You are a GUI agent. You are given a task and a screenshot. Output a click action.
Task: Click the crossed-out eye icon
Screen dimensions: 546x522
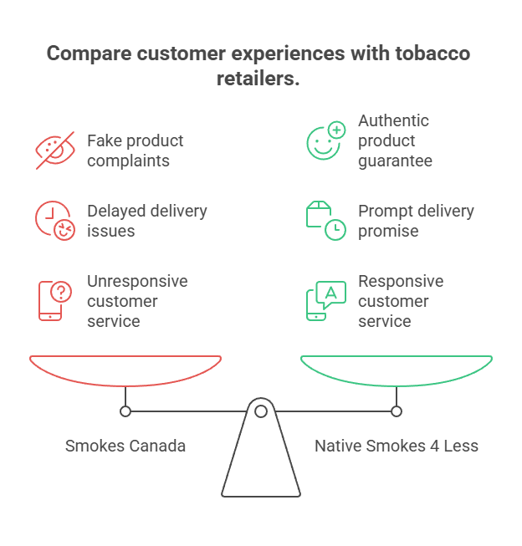coord(55,150)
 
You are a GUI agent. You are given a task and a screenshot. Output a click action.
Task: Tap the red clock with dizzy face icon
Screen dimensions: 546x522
coord(55,221)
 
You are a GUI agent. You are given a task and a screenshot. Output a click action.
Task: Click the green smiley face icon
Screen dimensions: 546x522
coord(325,140)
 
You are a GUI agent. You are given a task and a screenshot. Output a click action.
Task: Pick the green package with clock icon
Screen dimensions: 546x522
coord(325,221)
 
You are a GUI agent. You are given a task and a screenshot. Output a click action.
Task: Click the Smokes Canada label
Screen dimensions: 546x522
coord(125,446)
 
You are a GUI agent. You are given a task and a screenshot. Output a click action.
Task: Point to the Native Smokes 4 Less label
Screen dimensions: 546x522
coord(397,446)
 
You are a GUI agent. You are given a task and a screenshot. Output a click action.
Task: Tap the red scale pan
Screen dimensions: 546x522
coord(125,370)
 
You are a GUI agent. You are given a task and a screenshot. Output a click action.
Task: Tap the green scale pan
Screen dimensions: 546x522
coord(397,370)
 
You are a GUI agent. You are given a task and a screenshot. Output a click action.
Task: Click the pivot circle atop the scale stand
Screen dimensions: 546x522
coord(261,411)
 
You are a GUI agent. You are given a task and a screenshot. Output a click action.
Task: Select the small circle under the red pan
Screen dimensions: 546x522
coord(125,411)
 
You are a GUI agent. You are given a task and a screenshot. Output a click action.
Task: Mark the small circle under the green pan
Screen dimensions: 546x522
coord(397,411)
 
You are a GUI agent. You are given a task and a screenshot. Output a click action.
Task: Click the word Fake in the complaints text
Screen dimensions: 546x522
coord(104,140)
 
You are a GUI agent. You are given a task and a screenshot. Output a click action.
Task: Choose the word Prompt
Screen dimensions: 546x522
coord(383,211)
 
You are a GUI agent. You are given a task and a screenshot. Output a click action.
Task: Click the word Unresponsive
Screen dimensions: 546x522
coord(137,281)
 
